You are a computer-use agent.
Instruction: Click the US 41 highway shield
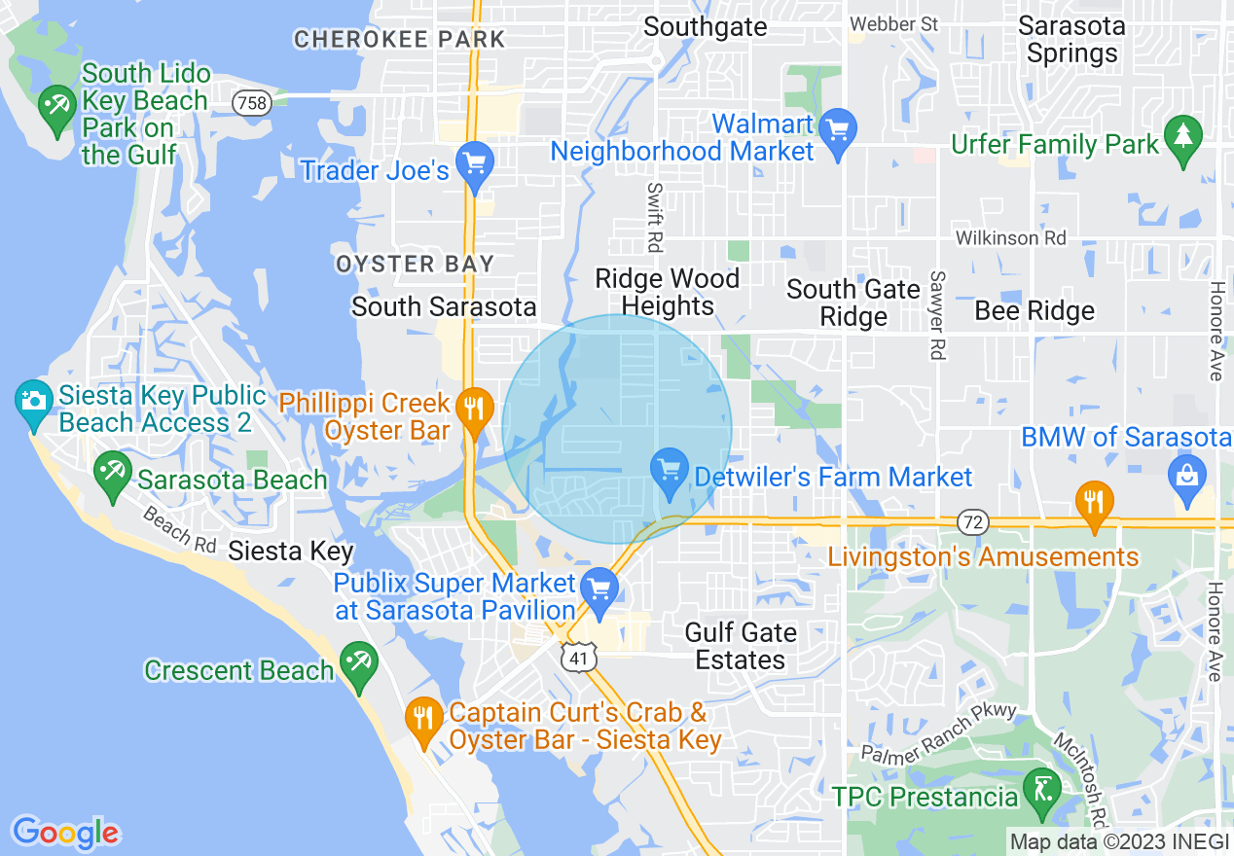pos(578,660)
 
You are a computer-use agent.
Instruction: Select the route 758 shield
pos(252,102)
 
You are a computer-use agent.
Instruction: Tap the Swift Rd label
pos(655,215)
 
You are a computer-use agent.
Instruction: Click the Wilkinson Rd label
pos(1010,237)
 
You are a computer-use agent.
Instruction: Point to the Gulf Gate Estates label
pos(741,646)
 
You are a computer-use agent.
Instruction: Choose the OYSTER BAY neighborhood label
pos(415,264)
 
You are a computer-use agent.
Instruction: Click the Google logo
pos(65,832)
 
